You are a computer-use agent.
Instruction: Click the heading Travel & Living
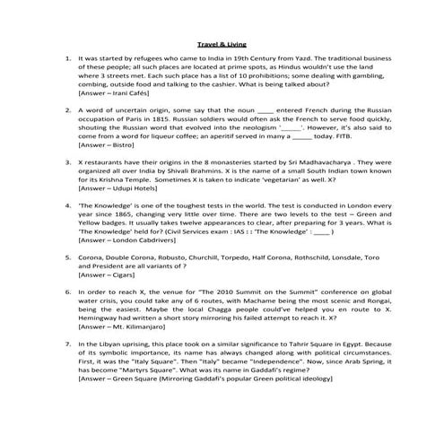[222, 42]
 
